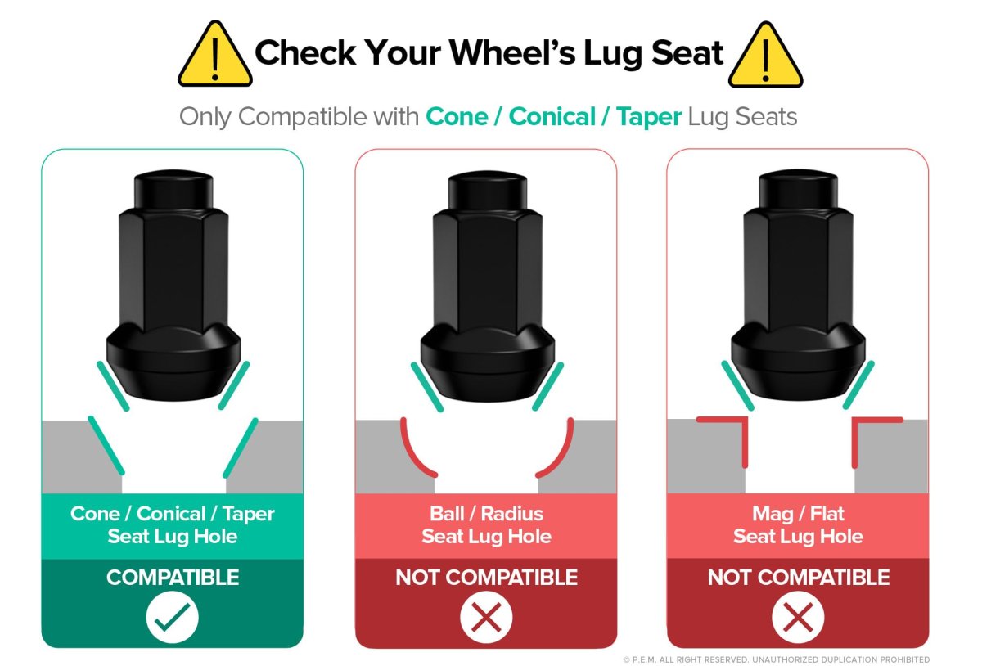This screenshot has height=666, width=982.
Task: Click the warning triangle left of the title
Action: (x=214, y=54)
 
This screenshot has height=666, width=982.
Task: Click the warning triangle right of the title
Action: (x=765, y=55)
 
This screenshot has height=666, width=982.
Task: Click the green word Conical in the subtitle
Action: (x=552, y=117)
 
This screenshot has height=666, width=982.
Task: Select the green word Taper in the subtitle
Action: (x=649, y=118)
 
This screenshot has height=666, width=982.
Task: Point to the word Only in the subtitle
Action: (x=205, y=117)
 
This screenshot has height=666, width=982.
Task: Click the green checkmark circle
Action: (x=173, y=617)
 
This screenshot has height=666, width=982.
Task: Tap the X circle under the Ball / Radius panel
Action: (x=486, y=617)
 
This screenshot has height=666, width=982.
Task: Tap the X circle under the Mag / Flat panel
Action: (x=798, y=617)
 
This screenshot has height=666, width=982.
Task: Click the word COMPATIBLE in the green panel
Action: (x=173, y=577)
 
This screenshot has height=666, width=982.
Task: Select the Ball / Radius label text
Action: (x=486, y=514)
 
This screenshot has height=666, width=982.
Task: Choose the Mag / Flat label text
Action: (x=798, y=514)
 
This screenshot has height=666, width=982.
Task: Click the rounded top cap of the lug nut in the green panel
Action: (x=173, y=189)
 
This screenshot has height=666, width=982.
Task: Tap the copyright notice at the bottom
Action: (x=777, y=659)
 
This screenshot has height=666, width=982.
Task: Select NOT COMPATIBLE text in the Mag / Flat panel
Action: (x=799, y=577)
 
